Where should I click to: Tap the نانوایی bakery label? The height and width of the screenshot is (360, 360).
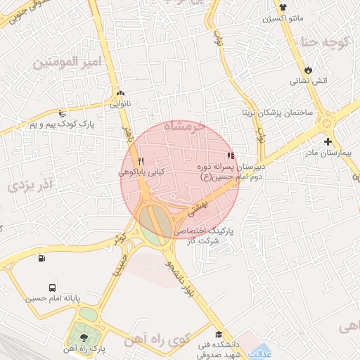(120, 105)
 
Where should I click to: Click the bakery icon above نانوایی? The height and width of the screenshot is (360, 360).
(120, 93)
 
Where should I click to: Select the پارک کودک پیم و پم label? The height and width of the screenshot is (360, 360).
(62, 124)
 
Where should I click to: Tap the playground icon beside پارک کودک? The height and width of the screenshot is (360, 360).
(63, 113)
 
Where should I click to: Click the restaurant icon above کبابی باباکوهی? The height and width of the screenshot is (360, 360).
(141, 161)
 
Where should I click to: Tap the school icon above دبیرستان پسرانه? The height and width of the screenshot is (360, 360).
(230, 156)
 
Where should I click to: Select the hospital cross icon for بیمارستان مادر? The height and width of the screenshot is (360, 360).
(328, 141)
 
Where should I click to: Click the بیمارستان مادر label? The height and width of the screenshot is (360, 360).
(327, 153)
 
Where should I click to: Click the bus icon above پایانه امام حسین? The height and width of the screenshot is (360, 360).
(53, 288)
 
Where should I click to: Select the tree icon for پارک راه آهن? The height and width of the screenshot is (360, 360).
(86, 339)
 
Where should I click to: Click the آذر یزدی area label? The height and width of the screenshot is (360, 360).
(35, 186)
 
